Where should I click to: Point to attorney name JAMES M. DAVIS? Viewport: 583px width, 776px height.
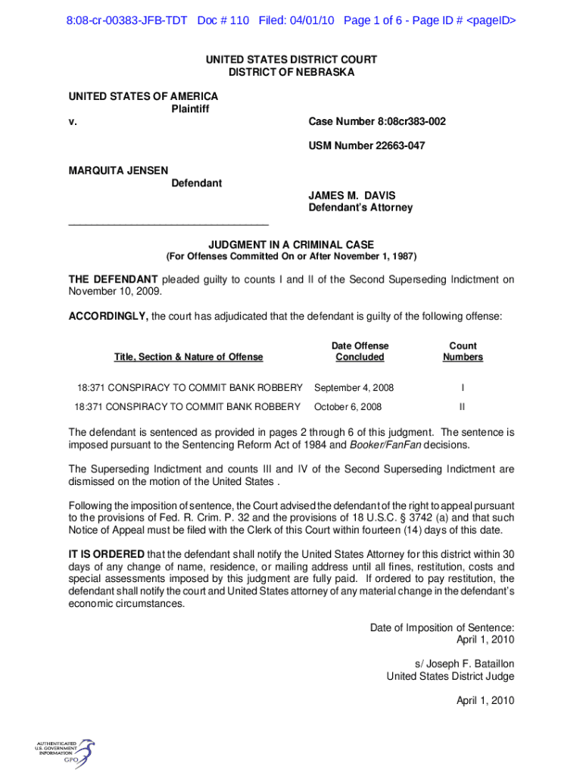(351, 196)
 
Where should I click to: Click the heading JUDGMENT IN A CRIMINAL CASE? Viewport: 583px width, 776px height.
(291, 245)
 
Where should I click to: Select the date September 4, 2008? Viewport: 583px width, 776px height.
(354, 388)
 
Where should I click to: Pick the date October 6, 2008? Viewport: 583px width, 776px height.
(348, 407)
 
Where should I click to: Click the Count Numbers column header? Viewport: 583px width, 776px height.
(463, 352)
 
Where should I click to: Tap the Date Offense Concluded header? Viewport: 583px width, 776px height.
(360, 352)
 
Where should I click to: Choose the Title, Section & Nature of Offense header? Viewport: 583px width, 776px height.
(189, 357)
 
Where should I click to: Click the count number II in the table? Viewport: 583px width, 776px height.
(463, 407)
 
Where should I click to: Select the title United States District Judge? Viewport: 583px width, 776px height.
(450, 676)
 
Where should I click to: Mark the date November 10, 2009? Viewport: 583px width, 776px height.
(114, 291)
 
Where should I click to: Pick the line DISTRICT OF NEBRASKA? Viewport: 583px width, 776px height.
(291, 72)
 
